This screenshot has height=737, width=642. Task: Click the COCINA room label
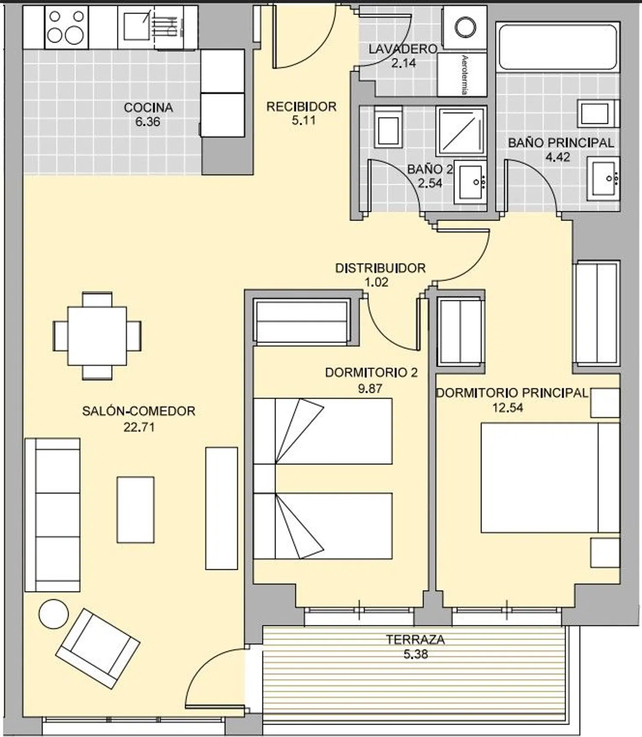pyautogui.click(x=148, y=107)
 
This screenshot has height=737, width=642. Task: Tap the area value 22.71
pyautogui.click(x=139, y=427)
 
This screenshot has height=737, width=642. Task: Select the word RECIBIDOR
pyautogui.click(x=301, y=107)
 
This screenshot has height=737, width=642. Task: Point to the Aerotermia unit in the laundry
pyautogui.click(x=462, y=75)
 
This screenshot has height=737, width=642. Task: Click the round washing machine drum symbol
pyautogui.click(x=465, y=27)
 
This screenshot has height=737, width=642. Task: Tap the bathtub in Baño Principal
pyautogui.click(x=558, y=47)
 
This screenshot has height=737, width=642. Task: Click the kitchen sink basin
pyautogui.click(x=137, y=27)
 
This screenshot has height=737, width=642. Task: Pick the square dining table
pyautogui.click(x=97, y=336)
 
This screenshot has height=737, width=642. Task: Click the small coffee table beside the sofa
pyautogui.click(x=136, y=510)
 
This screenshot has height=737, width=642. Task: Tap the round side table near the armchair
pyautogui.click(x=53, y=614)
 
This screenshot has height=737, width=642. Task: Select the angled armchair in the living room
pyautogui.click(x=98, y=648)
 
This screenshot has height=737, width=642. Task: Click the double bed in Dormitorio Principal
pyautogui.click(x=550, y=478)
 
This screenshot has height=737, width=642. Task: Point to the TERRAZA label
pyautogui.click(x=416, y=640)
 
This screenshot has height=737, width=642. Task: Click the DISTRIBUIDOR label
pyautogui.click(x=380, y=268)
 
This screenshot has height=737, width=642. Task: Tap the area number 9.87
pyautogui.click(x=370, y=388)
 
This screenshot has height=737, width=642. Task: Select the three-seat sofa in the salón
pyautogui.click(x=52, y=515)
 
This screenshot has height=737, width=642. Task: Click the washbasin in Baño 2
pyautogui.click(x=470, y=182)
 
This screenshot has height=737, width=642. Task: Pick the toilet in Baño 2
pyautogui.click(x=388, y=127)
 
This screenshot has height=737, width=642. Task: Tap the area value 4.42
pyautogui.click(x=558, y=157)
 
